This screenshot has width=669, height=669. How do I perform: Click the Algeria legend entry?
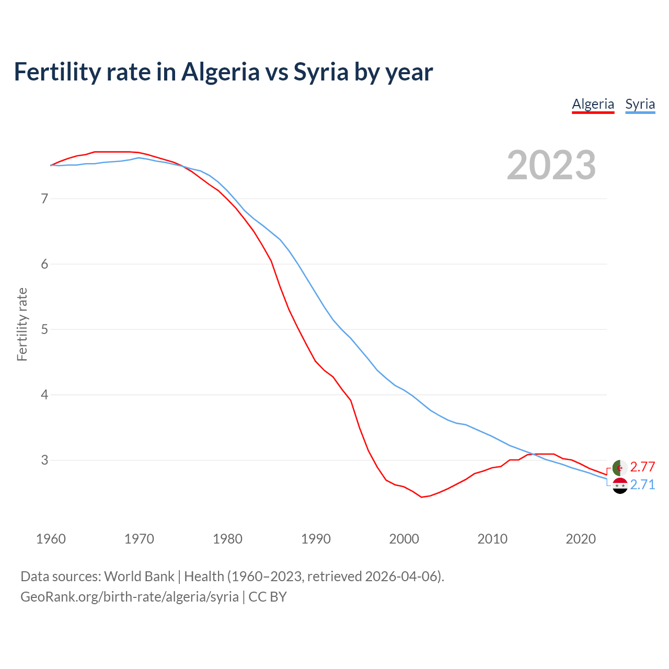click(x=593, y=104)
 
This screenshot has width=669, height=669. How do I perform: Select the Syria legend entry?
click(x=640, y=104)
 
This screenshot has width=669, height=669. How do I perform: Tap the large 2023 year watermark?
click(x=551, y=165)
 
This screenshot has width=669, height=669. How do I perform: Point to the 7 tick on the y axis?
click(x=44, y=199)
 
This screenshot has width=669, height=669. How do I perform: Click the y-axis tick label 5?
click(x=44, y=329)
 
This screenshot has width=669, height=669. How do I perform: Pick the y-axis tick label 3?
click(x=44, y=460)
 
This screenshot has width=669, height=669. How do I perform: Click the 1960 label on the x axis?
click(x=51, y=539)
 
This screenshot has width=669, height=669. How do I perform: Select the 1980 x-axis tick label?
click(x=227, y=539)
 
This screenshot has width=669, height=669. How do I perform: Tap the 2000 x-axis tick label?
click(x=404, y=539)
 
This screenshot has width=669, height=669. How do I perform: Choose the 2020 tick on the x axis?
click(x=581, y=539)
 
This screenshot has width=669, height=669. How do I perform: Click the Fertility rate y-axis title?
click(x=22, y=324)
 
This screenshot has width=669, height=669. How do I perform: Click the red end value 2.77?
click(x=642, y=467)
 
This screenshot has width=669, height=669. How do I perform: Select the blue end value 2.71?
click(x=642, y=485)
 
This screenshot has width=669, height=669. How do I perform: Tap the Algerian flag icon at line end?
click(x=620, y=468)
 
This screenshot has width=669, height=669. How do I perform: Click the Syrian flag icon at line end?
click(x=620, y=486)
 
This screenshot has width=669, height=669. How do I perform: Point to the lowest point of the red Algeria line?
click(x=422, y=497)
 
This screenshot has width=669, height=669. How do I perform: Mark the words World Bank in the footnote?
click(x=139, y=576)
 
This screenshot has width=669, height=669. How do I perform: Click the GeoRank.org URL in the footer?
click(x=130, y=597)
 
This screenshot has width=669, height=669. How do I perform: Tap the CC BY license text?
click(x=268, y=597)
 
